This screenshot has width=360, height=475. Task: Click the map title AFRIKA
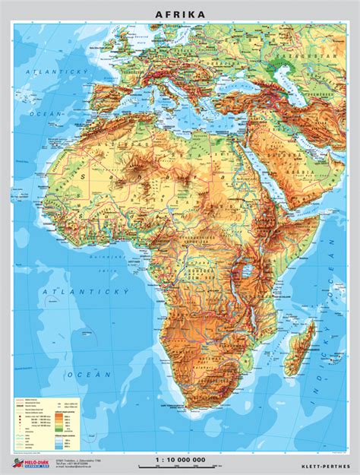click(x=179, y=14)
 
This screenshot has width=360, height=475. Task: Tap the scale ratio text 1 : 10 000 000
click(x=179, y=460)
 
